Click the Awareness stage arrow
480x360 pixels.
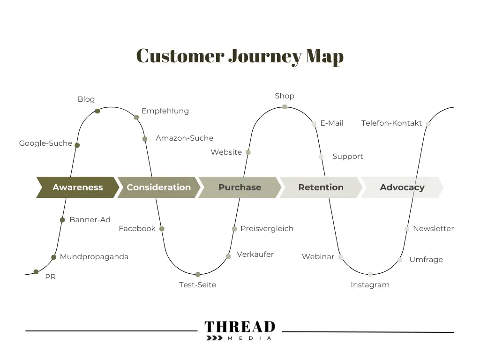point(77,187)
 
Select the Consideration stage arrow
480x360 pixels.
point(158,187)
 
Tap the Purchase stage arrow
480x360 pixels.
point(240,187)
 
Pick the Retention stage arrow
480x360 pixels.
point(321,187)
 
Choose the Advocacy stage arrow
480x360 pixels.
point(402,187)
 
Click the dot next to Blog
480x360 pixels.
point(97,111)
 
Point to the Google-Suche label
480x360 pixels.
point(45,143)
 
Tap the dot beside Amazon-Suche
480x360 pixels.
point(145,139)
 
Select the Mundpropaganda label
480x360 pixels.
point(94,257)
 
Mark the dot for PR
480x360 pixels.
point(36,272)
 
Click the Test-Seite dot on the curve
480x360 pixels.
point(198,274)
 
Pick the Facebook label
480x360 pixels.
point(137,229)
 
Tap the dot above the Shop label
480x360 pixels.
point(285,107)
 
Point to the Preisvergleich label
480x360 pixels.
point(267,229)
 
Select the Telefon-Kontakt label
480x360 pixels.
point(391,123)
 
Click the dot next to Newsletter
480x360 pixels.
point(407,229)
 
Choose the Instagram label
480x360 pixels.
point(370,285)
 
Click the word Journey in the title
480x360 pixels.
point(264,56)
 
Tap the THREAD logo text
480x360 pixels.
point(240,326)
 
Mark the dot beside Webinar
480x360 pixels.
point(341,257)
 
